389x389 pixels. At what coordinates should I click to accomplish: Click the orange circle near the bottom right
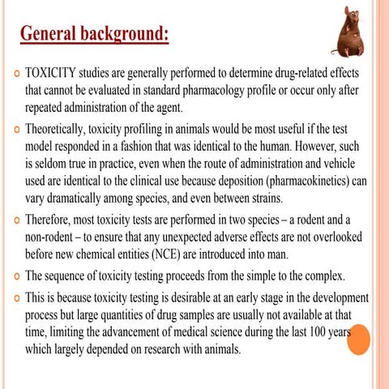click(357, 338)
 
